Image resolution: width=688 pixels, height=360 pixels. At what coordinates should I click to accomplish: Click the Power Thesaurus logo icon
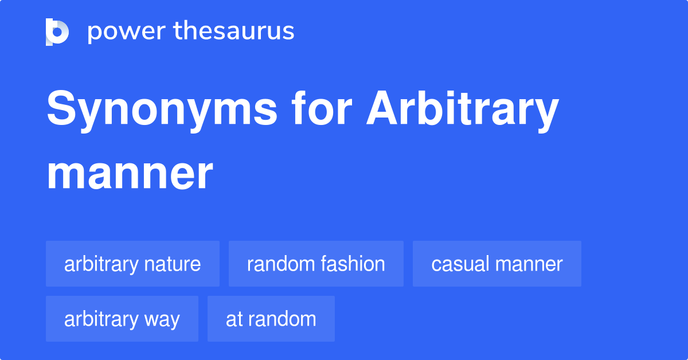pos(57,32)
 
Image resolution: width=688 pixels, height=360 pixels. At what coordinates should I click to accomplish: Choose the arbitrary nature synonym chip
pos(132,264)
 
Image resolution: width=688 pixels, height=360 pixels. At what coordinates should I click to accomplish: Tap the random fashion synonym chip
pos(316,264)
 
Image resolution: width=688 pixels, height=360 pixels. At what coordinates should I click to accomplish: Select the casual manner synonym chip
pos(497,264)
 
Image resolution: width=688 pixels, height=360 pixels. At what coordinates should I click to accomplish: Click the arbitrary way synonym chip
pos(122,319)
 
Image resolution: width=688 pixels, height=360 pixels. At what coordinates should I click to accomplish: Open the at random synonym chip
pos(271,319)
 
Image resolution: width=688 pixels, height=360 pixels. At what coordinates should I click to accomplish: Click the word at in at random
pos(232,319)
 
